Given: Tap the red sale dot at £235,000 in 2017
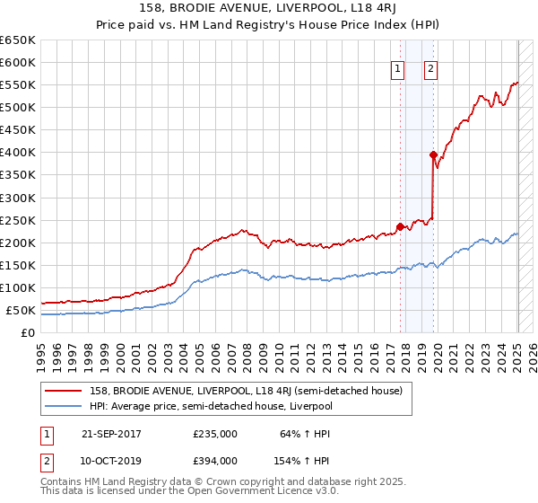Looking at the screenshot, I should click(x=400, y=226).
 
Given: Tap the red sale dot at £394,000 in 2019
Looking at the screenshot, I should click(x=433, y=154).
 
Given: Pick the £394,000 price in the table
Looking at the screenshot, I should click(x=215, y=460).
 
